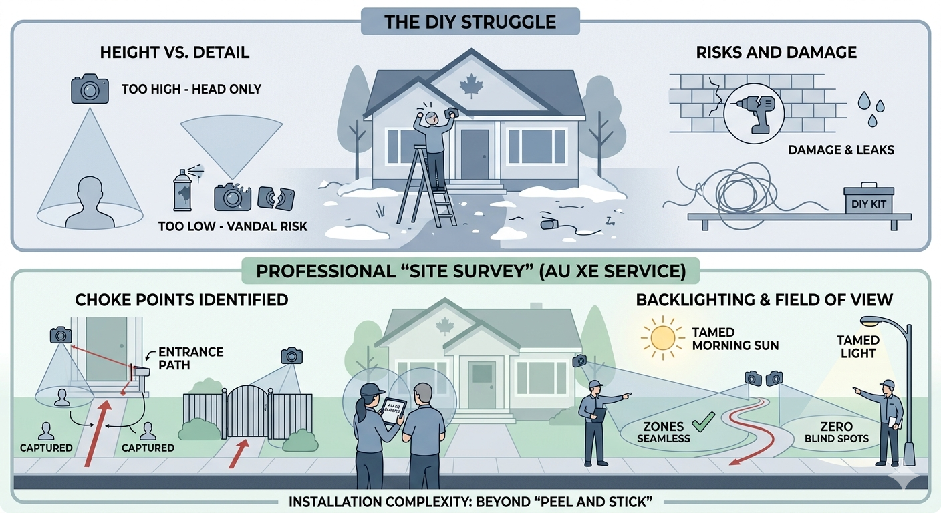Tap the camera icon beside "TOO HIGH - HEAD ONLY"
tap(90, 90)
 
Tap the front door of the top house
tap(475, 154)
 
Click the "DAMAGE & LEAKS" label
tap(841, 150)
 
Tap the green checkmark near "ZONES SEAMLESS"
tap(700, 421)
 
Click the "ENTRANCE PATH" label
tap(182, 358)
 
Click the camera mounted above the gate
tap(291, 355)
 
